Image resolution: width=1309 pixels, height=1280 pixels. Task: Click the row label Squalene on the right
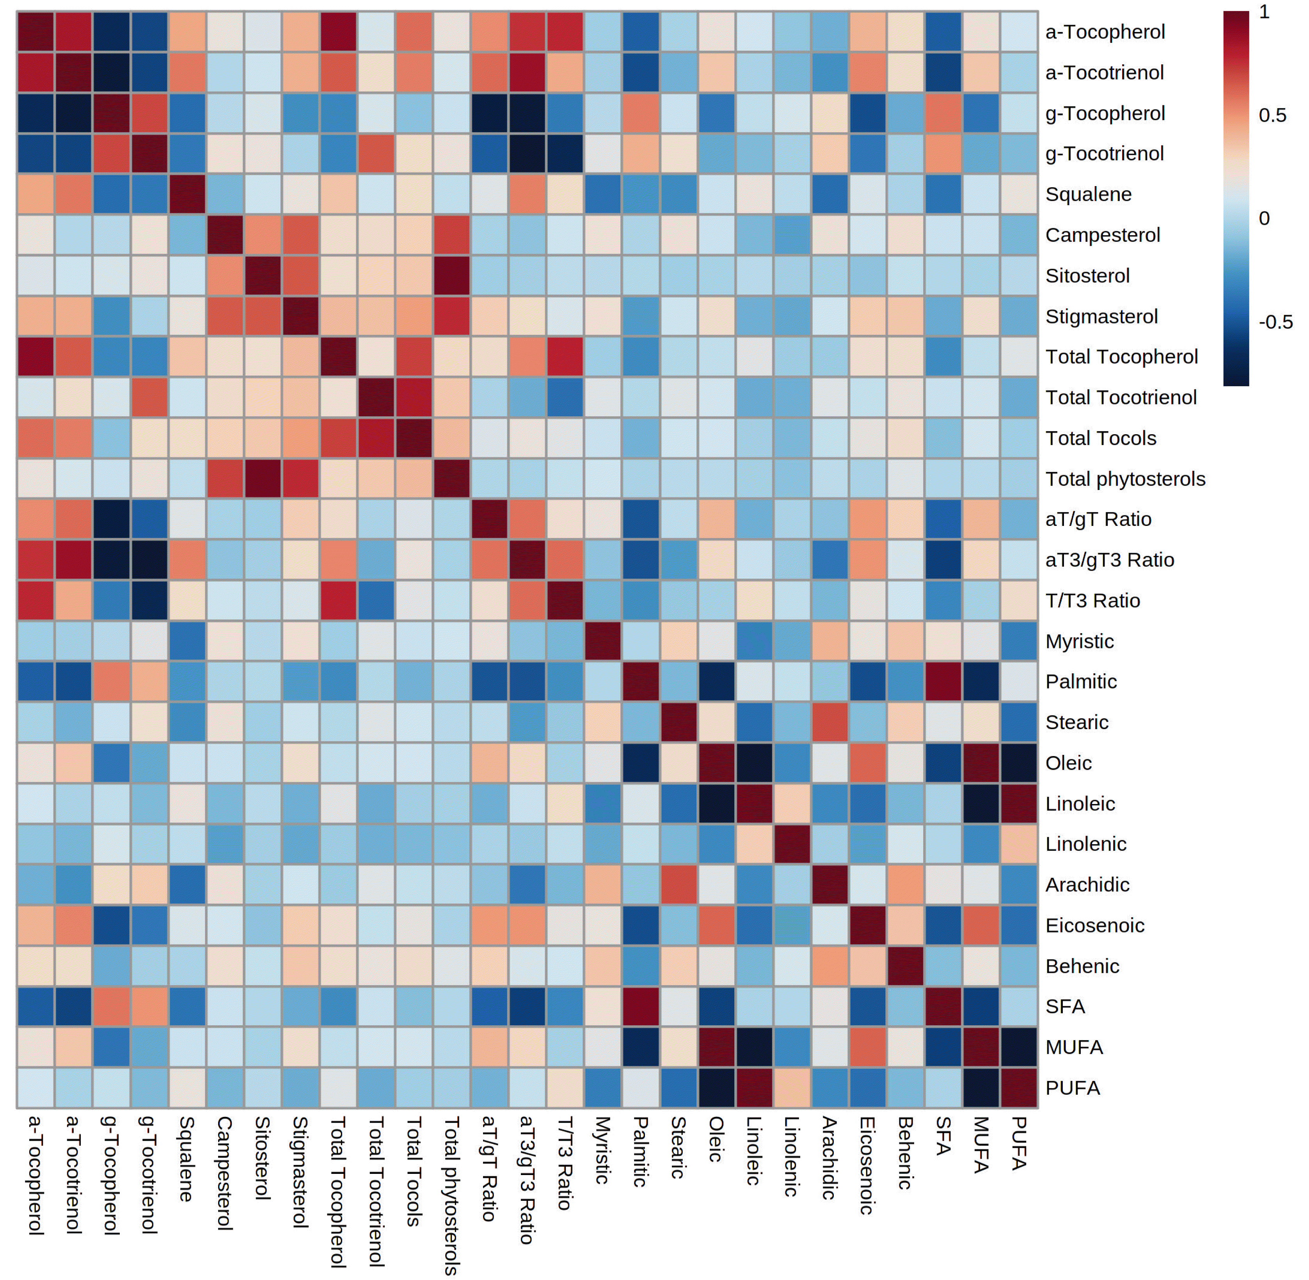(1089, 194)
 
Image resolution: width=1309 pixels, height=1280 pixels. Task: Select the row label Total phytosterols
(1126, 479)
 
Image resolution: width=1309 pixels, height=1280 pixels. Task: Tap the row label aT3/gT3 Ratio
(1110, 560)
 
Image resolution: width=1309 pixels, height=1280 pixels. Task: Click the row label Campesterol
(1103, 235)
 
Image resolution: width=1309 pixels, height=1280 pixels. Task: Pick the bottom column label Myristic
(602, 1150)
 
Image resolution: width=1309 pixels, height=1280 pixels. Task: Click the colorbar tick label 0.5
(1272, 115)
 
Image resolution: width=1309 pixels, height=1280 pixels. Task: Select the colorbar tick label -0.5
(1275, 322)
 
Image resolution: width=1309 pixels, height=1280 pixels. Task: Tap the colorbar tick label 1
(1264, 12)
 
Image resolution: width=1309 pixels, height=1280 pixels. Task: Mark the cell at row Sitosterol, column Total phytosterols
(452, 276)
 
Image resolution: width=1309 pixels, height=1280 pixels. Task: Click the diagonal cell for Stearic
(678, 722)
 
